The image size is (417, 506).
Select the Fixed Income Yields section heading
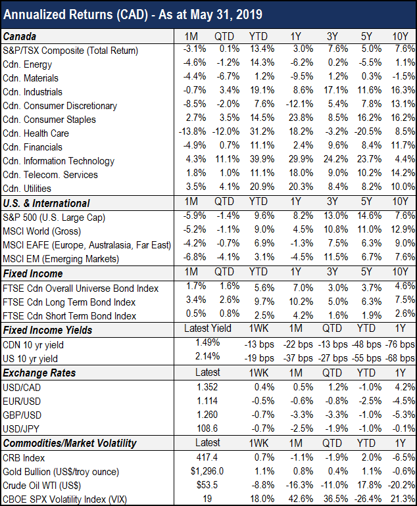(x=47, y=330)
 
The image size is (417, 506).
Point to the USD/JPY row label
(x=22, y=428)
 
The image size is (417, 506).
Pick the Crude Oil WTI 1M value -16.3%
(x=297, y=485)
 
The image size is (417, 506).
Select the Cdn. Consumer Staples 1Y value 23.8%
(x=299, y=119)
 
